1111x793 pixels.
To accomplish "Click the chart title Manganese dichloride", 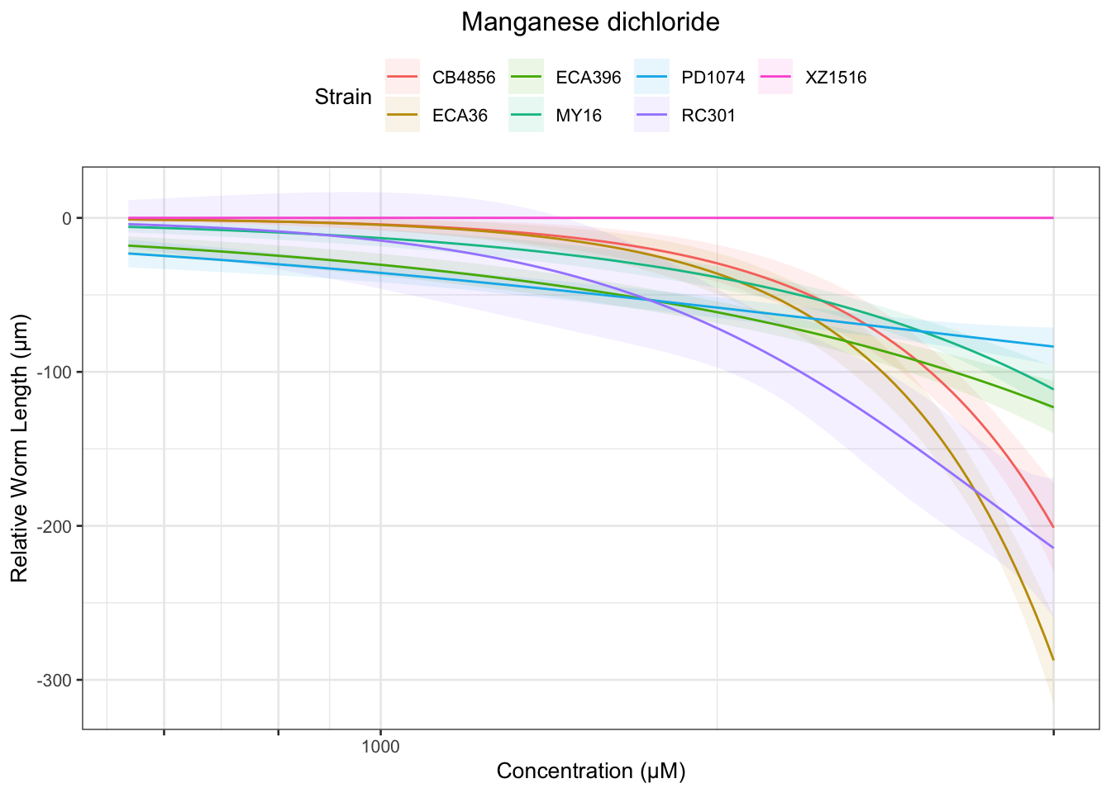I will [x=590, y=22].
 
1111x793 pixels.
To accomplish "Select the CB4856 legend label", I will [x=464, y=78].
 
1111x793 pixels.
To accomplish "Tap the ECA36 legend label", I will [x=460, y=116].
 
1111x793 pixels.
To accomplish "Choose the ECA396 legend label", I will [x=588, y=78].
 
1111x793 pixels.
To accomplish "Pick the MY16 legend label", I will [x=579, y=116].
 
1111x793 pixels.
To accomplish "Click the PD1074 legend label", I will [x=713, y=78].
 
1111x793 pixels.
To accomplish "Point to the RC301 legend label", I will [x=708, y=116].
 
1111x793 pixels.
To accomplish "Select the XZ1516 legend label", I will [x=836, y=78].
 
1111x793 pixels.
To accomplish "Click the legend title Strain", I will [x=343, y=97].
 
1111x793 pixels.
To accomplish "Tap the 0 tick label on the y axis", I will [x=67, y=218].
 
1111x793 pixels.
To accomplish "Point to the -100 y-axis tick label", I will [x=56, y=373].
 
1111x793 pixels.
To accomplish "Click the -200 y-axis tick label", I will [x=56, y=526].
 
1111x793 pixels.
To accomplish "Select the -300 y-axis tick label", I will [x=56, y=681].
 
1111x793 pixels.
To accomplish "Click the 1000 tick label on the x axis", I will [x=380, y=748].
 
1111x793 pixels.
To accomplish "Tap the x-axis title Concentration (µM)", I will [x=590, y=772].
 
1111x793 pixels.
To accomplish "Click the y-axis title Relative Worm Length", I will [x=20, y=449].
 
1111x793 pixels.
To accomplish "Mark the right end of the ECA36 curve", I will [x=1053, y=660].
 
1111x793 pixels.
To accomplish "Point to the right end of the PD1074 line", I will [x=1053, y=346].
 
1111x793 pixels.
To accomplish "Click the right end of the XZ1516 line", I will [x=1053, y=218].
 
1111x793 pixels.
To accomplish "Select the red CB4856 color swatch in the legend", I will [x=403, y=78].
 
